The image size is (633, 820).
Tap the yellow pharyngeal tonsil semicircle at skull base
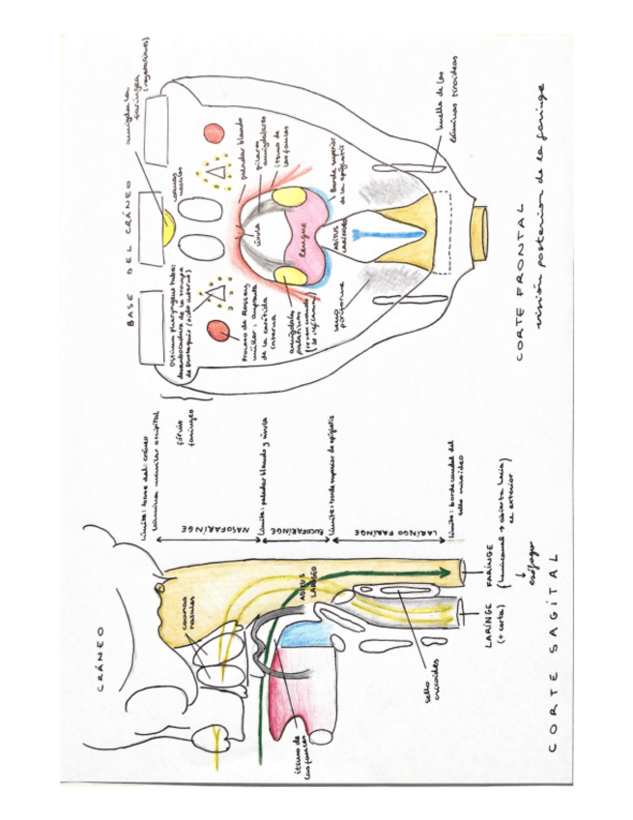click(x=170, y=230)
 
